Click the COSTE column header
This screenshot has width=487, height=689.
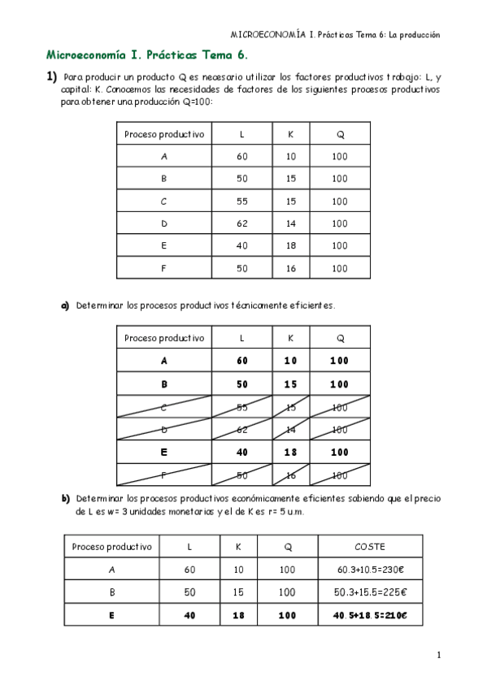pos(370,547)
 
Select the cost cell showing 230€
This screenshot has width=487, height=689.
pos(370,570)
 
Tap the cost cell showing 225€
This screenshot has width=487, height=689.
pos(370,592)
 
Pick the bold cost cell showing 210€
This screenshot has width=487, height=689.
pos(370,615)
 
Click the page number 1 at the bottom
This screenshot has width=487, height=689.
pos(438,655)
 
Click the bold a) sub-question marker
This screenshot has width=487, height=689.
pos(66,305)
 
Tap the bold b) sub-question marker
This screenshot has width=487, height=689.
pos(66,497)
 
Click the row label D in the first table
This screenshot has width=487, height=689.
pos(164,223)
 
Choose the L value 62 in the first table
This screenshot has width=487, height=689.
pos(242,223)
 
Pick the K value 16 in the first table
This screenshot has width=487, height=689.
pos(291,268)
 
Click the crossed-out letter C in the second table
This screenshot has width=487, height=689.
pos(164,407)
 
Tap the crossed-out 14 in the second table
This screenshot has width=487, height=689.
pos(291,429)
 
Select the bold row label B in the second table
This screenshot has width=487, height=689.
pos(164,384)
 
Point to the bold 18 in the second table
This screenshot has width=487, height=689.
pos(291,452)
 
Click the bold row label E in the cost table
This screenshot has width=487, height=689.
pos(111,615)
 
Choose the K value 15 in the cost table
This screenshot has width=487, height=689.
pos(238,592)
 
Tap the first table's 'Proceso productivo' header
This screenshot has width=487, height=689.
pos(164,134)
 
